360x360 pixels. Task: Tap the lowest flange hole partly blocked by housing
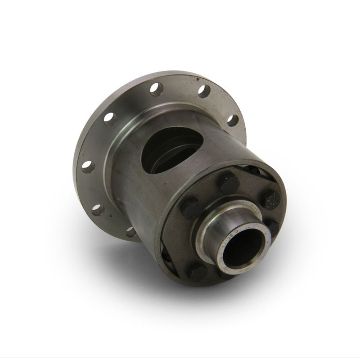point(130,232)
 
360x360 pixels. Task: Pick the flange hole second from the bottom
point(96,209)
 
